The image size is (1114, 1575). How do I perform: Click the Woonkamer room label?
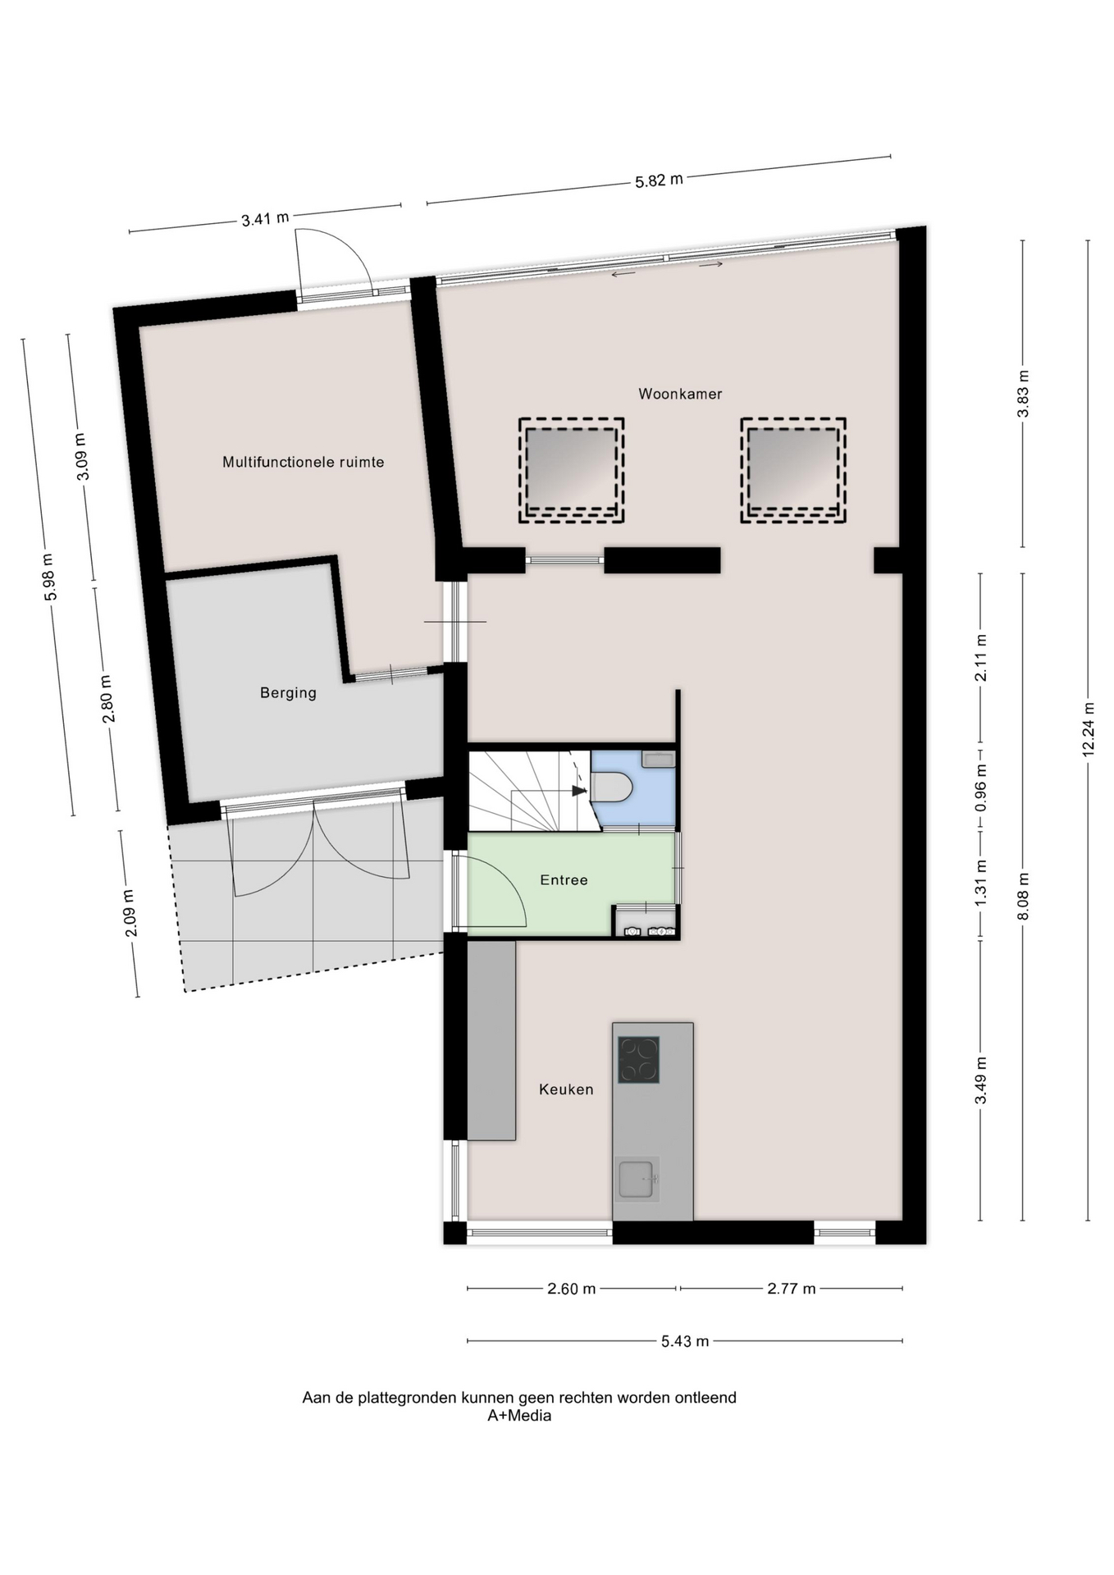click(x=680, y=394)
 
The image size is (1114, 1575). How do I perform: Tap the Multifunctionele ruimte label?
click(x=304, y=462)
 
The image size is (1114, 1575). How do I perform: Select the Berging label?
click(x=288, y=693)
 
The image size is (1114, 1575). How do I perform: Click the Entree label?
click(x=564, y=880)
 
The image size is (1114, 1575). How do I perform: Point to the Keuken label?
click(x=566, y=1089)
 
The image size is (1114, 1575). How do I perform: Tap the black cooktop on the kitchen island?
click(x=638, y=1060)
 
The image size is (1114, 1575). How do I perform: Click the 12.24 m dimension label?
click(x=1089, y=728)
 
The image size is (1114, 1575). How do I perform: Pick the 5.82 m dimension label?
click(x=659, y=180)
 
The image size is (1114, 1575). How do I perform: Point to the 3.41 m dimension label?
click(x=265, y=219)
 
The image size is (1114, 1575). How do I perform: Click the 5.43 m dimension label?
click(x=685, y=1341)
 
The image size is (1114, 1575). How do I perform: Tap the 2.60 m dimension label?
click(x=572, y=1289)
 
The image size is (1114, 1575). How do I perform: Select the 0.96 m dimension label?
click(x=981, y=787)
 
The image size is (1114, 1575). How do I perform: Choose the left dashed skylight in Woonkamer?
click(x=571, y=471)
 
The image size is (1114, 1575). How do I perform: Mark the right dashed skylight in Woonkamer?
click(x=793, y=471)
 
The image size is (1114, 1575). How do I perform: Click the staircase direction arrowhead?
click(x=579, y=791)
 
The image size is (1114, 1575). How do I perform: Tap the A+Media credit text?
click(x=519, y=1415)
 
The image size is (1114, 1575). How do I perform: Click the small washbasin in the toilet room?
click(x=659, y=759)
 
